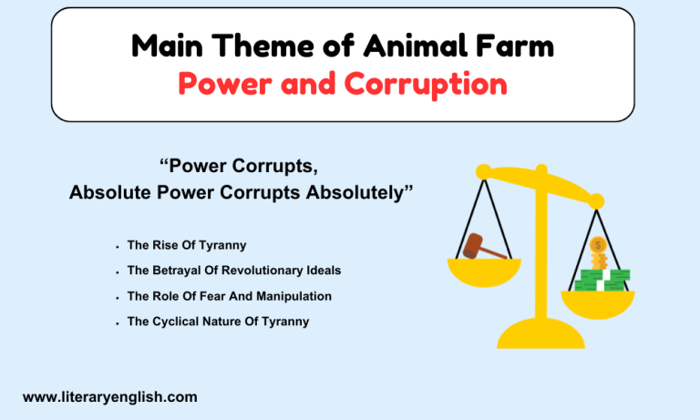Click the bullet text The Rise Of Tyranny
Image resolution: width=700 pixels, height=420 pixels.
(187, 245)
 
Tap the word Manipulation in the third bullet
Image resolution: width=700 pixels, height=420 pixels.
(293, 296)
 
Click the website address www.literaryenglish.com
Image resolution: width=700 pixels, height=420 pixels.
(109, 397)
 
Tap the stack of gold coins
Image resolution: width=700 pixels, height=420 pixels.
(598, 254)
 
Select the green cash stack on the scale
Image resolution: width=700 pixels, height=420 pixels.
(605, 279)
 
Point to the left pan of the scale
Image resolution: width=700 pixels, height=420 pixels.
(483, 269)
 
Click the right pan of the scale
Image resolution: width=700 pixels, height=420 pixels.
(597, 302)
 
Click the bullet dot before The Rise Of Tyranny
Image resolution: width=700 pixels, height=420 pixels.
(118, 247)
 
